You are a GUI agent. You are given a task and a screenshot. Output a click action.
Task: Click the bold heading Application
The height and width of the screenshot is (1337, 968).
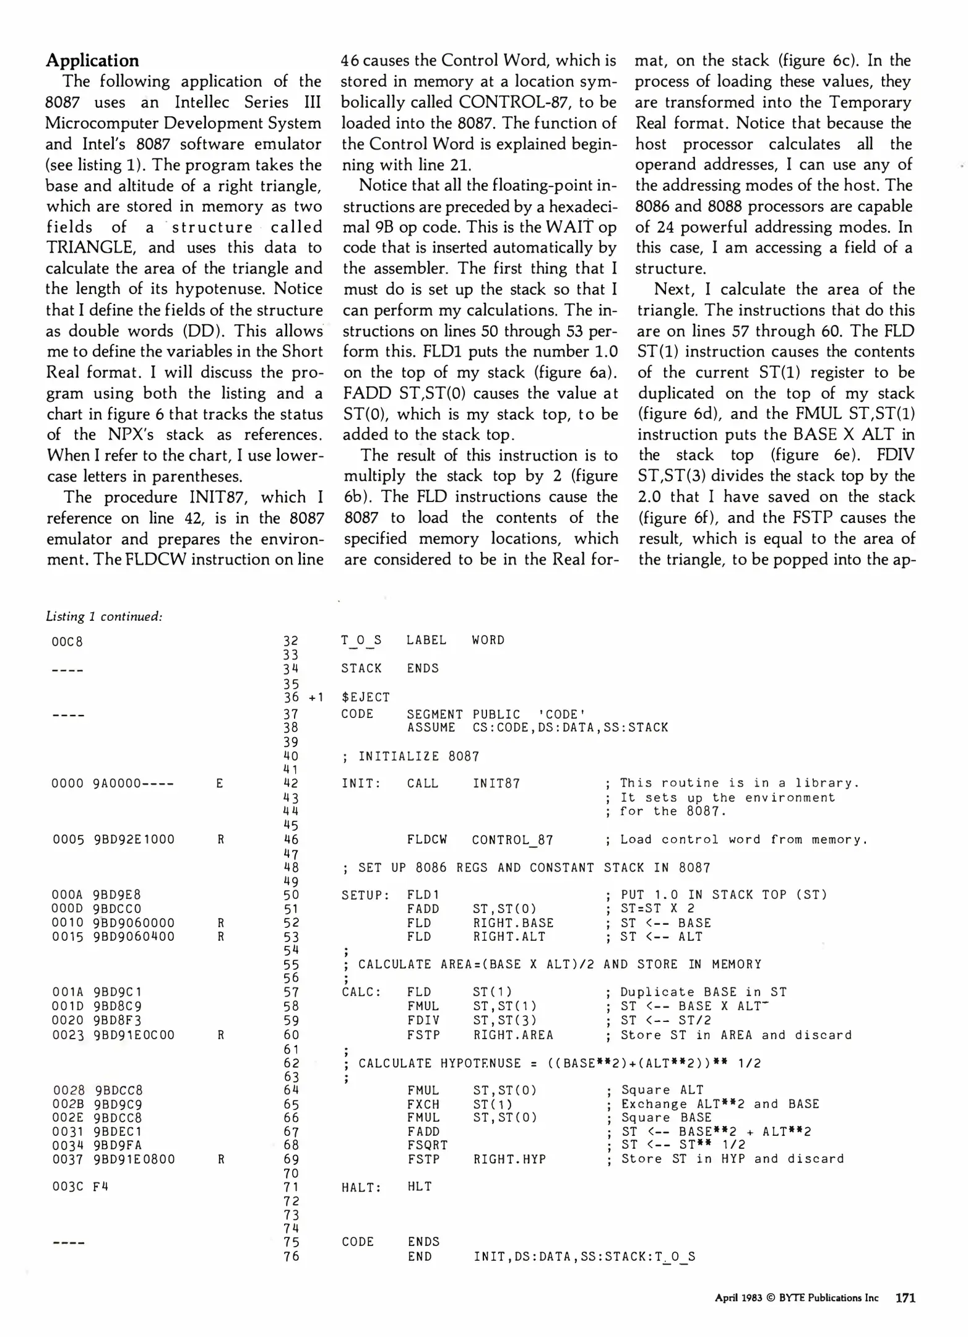(x=92, y=61)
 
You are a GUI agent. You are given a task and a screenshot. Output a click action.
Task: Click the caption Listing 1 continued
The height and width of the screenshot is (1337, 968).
(x=104, y=616)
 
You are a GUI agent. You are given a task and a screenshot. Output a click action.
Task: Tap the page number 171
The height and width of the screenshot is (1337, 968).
(x=905, y=1298)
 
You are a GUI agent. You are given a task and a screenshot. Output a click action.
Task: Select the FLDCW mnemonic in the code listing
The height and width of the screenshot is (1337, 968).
(x=426, y=840)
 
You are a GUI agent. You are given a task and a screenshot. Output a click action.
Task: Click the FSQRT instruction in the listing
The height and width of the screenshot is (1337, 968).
(x=427, y=1145)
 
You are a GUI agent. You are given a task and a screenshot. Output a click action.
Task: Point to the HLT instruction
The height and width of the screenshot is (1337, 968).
(x=419, y=1187)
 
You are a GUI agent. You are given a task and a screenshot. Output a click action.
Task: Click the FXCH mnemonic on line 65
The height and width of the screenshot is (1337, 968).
(x=423, y=1104)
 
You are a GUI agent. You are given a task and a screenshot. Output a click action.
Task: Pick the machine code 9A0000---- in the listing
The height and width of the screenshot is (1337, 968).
(x=133, y=784)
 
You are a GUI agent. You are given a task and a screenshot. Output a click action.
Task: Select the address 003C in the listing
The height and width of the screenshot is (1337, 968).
(x=67, y=1187)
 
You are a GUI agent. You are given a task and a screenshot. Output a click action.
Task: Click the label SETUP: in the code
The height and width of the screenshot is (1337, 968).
(x=365, y=895)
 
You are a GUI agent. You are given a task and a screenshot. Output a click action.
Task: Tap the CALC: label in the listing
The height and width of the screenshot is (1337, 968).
(x=361, y=992)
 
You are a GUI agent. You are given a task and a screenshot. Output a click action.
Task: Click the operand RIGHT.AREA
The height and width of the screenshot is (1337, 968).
(x=513, y=1035)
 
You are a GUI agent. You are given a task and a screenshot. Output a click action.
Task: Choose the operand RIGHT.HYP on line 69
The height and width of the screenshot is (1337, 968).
(x=509, y=1159)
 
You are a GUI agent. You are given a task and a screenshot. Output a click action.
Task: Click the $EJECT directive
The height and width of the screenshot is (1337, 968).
(x=365, y=698)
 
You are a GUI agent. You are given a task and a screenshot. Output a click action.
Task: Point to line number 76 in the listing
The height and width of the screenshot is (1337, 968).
(x=291, y=1256)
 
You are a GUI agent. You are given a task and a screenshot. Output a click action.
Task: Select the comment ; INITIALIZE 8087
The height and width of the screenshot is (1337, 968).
(x=410, y=756)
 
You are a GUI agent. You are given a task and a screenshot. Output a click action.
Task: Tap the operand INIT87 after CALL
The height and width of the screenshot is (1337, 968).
(x=496, y=784)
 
